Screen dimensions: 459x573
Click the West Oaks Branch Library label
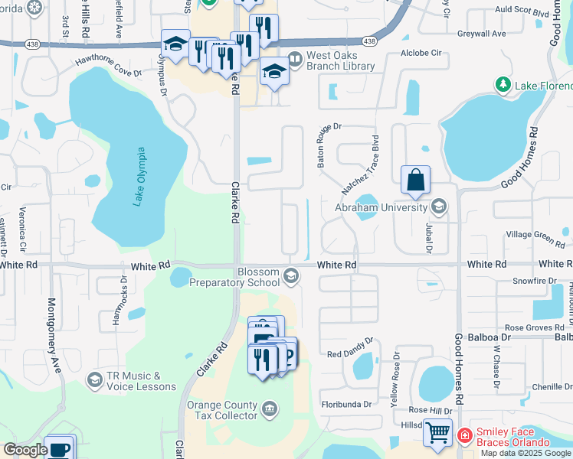pos(340,61)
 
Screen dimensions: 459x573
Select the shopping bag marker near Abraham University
pos(415,181)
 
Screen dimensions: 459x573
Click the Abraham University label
pos(380,207)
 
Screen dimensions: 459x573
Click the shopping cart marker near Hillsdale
pos(437,433)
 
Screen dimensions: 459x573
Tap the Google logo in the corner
pos(25,450)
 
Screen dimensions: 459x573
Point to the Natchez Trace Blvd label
pos(362,165)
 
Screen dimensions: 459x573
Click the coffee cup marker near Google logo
pos(58,448)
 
